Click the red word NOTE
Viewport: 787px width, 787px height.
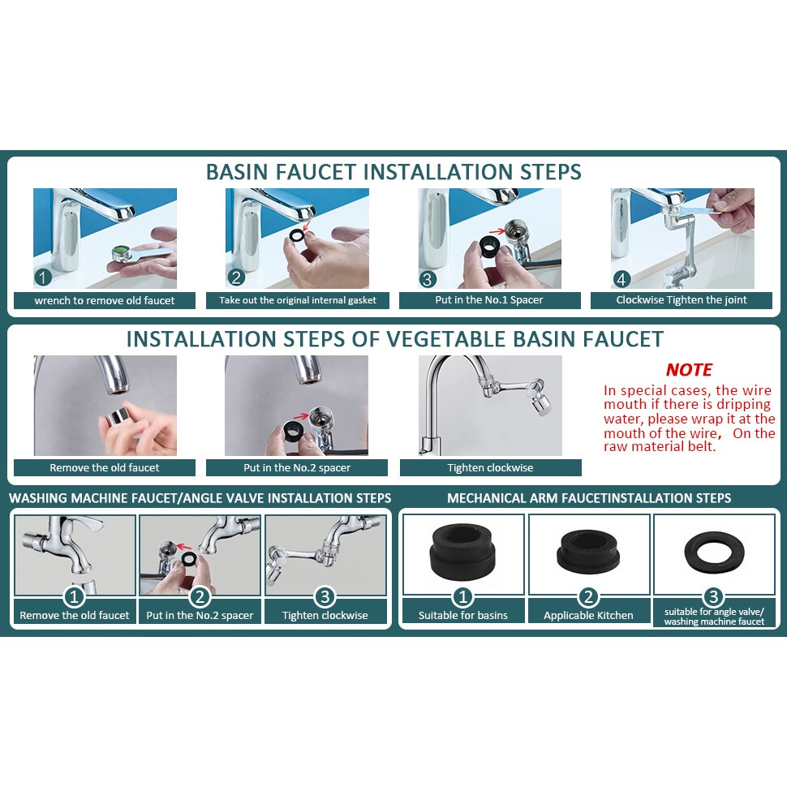[x=689, y=370]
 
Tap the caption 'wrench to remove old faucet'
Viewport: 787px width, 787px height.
[x=105, y=301]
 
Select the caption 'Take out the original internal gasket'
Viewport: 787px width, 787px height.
[x=298, y=300]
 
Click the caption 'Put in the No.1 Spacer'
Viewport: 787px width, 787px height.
[x=489, y=300]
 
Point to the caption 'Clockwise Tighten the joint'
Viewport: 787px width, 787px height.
[x=681, y=300]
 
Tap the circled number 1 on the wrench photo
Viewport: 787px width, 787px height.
[x=43, y=277]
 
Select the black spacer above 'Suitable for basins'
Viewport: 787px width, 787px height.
[x=462, y=551]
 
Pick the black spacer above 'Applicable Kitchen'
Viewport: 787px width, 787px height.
[x=588, y=552]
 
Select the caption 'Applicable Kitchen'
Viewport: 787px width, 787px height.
[x=588, y=615]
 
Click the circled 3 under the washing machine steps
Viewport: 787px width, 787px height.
[x=325, y=597]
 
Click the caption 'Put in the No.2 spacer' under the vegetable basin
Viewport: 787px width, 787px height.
[x=297, y=468]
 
